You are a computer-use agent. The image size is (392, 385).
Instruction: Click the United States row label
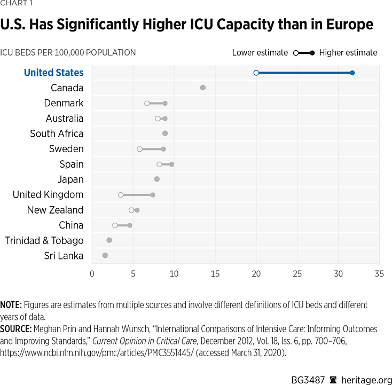tap(54, 73)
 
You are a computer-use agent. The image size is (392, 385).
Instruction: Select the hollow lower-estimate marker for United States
tap(256, 73)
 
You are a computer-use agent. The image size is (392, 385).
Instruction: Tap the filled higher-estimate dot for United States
tap(352, 73)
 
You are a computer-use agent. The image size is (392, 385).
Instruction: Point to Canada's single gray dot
tap(203, 88)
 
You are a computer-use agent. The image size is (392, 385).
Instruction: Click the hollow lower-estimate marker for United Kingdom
tap(121, 195)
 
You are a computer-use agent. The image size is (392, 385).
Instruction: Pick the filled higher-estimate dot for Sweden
tap(163, 149)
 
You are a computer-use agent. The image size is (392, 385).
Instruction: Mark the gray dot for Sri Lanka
tap(105, 256)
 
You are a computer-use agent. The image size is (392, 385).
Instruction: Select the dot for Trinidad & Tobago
tap(109, 240)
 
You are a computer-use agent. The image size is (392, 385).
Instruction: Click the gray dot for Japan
tap(157, 179)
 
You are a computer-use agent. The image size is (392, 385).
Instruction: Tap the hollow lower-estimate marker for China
tap(115, 225)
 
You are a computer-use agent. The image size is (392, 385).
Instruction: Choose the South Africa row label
tap(57, 133)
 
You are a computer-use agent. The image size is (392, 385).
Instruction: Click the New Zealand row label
tap(55, 210)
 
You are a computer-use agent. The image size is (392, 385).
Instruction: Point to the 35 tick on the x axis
tap(379, 274)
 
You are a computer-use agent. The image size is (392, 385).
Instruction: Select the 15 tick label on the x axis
tap(215, 274)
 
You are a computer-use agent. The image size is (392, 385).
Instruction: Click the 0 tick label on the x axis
tap(92, 274)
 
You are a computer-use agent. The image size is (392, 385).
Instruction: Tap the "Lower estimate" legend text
tap(260, 52)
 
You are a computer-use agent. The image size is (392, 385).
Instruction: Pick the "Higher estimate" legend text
tap(348, 52)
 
